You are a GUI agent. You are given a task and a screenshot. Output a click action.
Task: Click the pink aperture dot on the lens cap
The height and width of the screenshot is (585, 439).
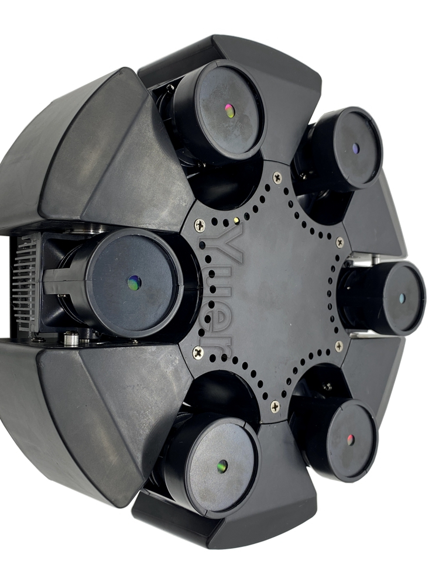pyautogui.click(x=230, y=111)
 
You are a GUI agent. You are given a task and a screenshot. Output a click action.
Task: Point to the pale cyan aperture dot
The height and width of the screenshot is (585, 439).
pyautogui.click(x=402, y=297)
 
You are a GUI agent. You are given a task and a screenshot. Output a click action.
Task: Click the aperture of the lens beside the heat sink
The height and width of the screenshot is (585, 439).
pyautogui.click(x=135, y=283)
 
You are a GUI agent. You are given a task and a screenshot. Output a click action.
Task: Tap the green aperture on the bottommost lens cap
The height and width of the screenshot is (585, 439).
pyautogui.click(x=222, y=466)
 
